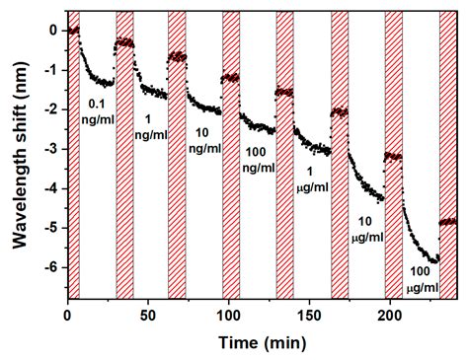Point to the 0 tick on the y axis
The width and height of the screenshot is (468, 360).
point(52,30)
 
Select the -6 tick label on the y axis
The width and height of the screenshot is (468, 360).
point(49,267)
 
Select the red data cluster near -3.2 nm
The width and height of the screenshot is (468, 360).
point(393,156)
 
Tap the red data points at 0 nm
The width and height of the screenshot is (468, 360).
point(72,31)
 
